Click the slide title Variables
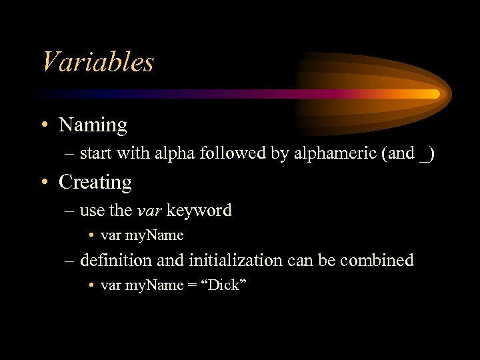click(97, 62)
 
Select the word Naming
click(93, 125)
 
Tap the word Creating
click(95, 181)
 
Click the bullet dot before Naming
click(45, 125)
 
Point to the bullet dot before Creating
click(45, 182)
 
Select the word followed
click(234, 153)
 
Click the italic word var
click(149, 211)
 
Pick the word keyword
click(199, 211)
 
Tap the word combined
click(377, 260)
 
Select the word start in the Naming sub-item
click(94, 153)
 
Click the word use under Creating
click(92, 211)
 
